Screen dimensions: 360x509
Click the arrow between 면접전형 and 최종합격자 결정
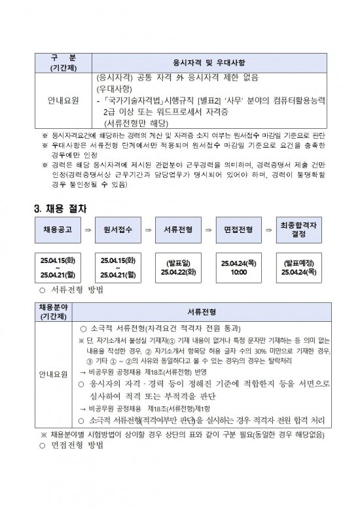coord(268,231)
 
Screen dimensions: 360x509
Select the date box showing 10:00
coord(238,268)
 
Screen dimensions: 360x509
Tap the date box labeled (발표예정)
coord(298,268)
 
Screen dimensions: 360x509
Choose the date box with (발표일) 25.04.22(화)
coord(177,268)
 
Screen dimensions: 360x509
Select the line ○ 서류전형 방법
coord(72,289)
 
